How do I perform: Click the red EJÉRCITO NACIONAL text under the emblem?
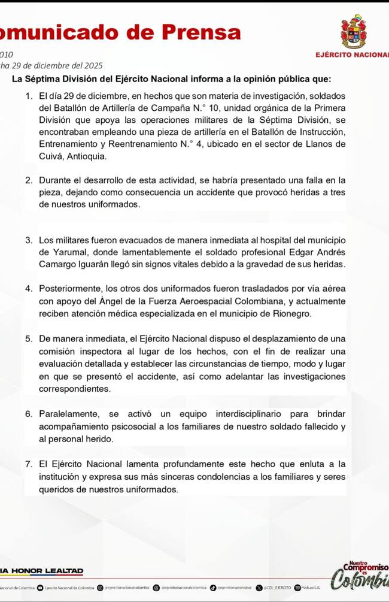(352, 55)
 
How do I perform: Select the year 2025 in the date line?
(92, 66)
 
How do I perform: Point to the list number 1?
(28, 96)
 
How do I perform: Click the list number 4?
(28, 289)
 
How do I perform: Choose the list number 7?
(28, 464)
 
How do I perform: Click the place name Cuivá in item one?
(52, 156)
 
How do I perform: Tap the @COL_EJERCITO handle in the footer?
(277, 588)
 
